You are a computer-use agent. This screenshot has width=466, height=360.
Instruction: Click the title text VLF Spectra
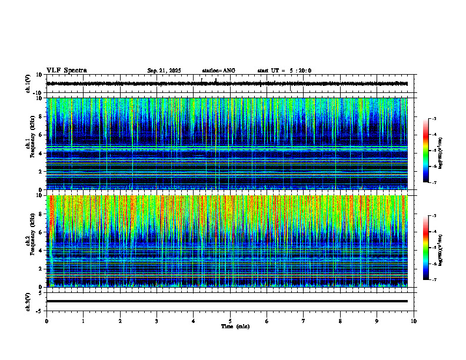(66, 71)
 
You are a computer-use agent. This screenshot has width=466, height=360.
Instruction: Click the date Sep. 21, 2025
(164, 71)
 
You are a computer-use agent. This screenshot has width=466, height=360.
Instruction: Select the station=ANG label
(218, 71)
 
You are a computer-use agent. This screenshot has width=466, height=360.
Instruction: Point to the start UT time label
(284, 71)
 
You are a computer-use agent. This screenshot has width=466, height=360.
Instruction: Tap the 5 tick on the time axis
(230, 321)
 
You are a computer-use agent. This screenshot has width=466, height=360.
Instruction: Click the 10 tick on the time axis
(414, 321)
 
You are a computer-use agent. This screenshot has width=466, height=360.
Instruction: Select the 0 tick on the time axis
(46, 321)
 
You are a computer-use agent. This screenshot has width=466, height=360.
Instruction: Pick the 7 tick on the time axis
(304, 321)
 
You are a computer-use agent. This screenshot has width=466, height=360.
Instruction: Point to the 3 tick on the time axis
(157, 321)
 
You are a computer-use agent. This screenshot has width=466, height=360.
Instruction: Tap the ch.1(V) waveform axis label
(28, 84)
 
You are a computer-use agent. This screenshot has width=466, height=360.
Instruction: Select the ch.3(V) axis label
(28, 301)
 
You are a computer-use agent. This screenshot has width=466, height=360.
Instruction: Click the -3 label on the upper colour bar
(434, 119)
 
